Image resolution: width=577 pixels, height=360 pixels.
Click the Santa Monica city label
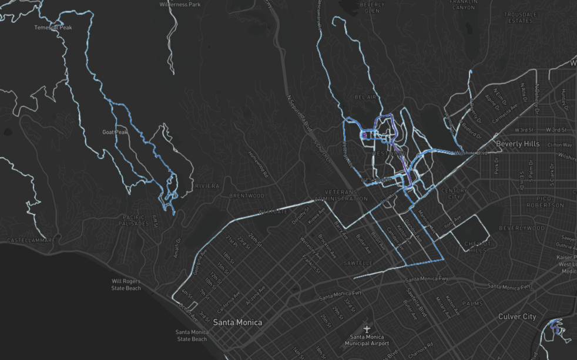click(x=237, y=322)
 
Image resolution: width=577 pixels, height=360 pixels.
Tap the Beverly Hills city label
click(x=517, y=144)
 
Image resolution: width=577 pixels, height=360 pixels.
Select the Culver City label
click(x=517, y=317)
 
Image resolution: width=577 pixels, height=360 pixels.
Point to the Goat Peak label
click(x=115, y=132)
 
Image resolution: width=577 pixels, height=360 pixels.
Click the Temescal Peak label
click(x=52, y=28)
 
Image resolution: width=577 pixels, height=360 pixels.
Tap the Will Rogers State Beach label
click(x=126, y=284)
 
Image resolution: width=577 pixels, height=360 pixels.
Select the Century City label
click(x=453, y=194)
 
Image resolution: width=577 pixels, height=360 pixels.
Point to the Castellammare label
click(x=31, y=240)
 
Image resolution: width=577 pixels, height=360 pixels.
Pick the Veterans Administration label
click(x=341, y=195)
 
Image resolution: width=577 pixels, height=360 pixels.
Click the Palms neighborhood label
click(x=472, y=304)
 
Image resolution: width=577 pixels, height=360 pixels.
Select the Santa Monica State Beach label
click(x=192, y=335)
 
